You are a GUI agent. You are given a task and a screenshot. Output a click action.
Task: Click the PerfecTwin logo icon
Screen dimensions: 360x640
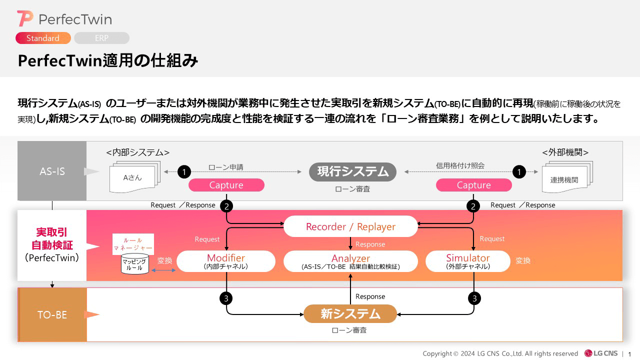tap(25, 19)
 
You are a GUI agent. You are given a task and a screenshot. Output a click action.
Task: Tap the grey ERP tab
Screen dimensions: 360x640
tap(101, 38)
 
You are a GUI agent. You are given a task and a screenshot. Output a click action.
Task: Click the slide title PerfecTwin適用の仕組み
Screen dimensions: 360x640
tap(108, 61)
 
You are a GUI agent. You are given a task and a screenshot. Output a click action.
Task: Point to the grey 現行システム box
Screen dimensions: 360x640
tap(352, 171)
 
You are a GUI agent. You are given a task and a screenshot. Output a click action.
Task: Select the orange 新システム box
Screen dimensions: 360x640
tap(350, 313)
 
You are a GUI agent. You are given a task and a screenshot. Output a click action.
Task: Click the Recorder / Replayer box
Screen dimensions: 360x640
tap(350, 226)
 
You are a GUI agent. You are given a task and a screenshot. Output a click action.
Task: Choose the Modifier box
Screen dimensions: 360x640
tap(226, 261)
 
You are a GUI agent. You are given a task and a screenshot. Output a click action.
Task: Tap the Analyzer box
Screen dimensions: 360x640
tap(350, 261)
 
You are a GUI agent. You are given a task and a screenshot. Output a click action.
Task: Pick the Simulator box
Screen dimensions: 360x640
tap(468, 261)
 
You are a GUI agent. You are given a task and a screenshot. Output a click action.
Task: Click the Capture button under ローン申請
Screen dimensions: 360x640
tap(226, 185)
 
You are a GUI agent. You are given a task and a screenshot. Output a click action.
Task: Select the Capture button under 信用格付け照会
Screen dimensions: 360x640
tap(473, 185)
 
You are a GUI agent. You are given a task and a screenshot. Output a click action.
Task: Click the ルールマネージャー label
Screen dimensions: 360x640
tap(133, 243)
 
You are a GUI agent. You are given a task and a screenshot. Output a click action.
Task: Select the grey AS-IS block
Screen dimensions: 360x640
tap(52, 171)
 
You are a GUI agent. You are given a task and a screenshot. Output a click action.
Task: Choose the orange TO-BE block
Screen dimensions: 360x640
tap(52, 314)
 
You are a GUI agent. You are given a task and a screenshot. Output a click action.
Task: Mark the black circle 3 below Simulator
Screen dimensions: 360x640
tap(474, 298)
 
